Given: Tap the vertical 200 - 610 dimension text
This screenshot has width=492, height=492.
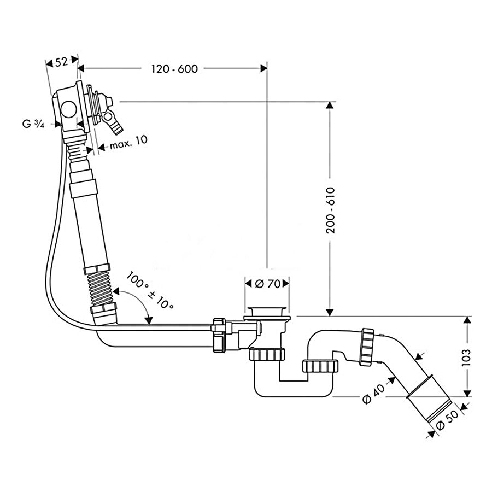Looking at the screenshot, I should [x=330, y=210].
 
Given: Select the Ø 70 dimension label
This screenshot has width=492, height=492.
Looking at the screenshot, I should [x=268, y=284].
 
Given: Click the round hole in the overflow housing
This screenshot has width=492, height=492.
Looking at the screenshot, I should [x=69, y=109].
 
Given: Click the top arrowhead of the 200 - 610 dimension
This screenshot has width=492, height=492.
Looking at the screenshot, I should [x=330, y=106].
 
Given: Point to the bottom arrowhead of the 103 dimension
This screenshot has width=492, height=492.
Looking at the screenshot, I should [x=466, y=391].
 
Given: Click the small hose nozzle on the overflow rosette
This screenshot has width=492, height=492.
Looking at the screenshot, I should [x=116, y=126].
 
